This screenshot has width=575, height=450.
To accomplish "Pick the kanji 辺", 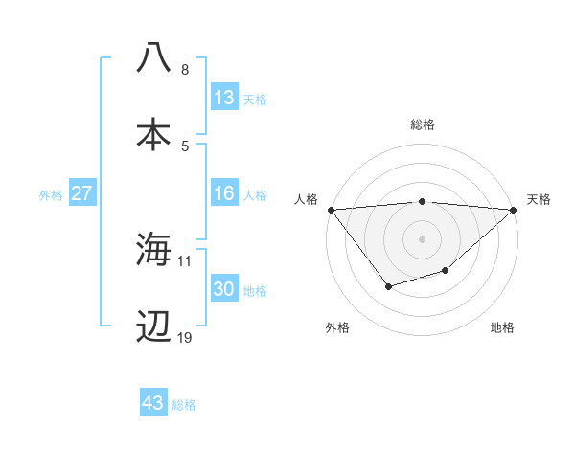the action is point(153,326).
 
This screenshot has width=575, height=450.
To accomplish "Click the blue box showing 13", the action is point(223,98).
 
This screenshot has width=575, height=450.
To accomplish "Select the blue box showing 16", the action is point(223,193).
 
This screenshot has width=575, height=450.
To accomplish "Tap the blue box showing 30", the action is point(223,289).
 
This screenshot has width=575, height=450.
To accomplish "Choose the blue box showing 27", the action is point(81,193).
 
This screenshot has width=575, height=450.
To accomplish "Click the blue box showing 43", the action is point(152,403).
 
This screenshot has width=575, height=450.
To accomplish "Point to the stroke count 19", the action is point(184,337).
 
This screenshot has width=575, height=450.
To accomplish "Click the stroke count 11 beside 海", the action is point(184,260).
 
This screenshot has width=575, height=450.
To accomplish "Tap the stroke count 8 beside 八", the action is point(185,69).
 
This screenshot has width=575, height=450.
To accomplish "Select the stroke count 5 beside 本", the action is point(185,146).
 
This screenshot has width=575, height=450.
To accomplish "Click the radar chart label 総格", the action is point(422,124).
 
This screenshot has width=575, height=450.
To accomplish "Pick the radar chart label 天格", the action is point(539,199).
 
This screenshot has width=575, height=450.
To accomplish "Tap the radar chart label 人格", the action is point(305,199).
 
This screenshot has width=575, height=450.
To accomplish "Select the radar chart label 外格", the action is point(337,327).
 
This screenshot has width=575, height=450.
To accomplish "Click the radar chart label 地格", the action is point(502,327).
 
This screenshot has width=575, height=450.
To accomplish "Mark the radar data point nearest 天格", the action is point(514,209).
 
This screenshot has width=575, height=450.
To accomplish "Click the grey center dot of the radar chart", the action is point(422,237).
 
